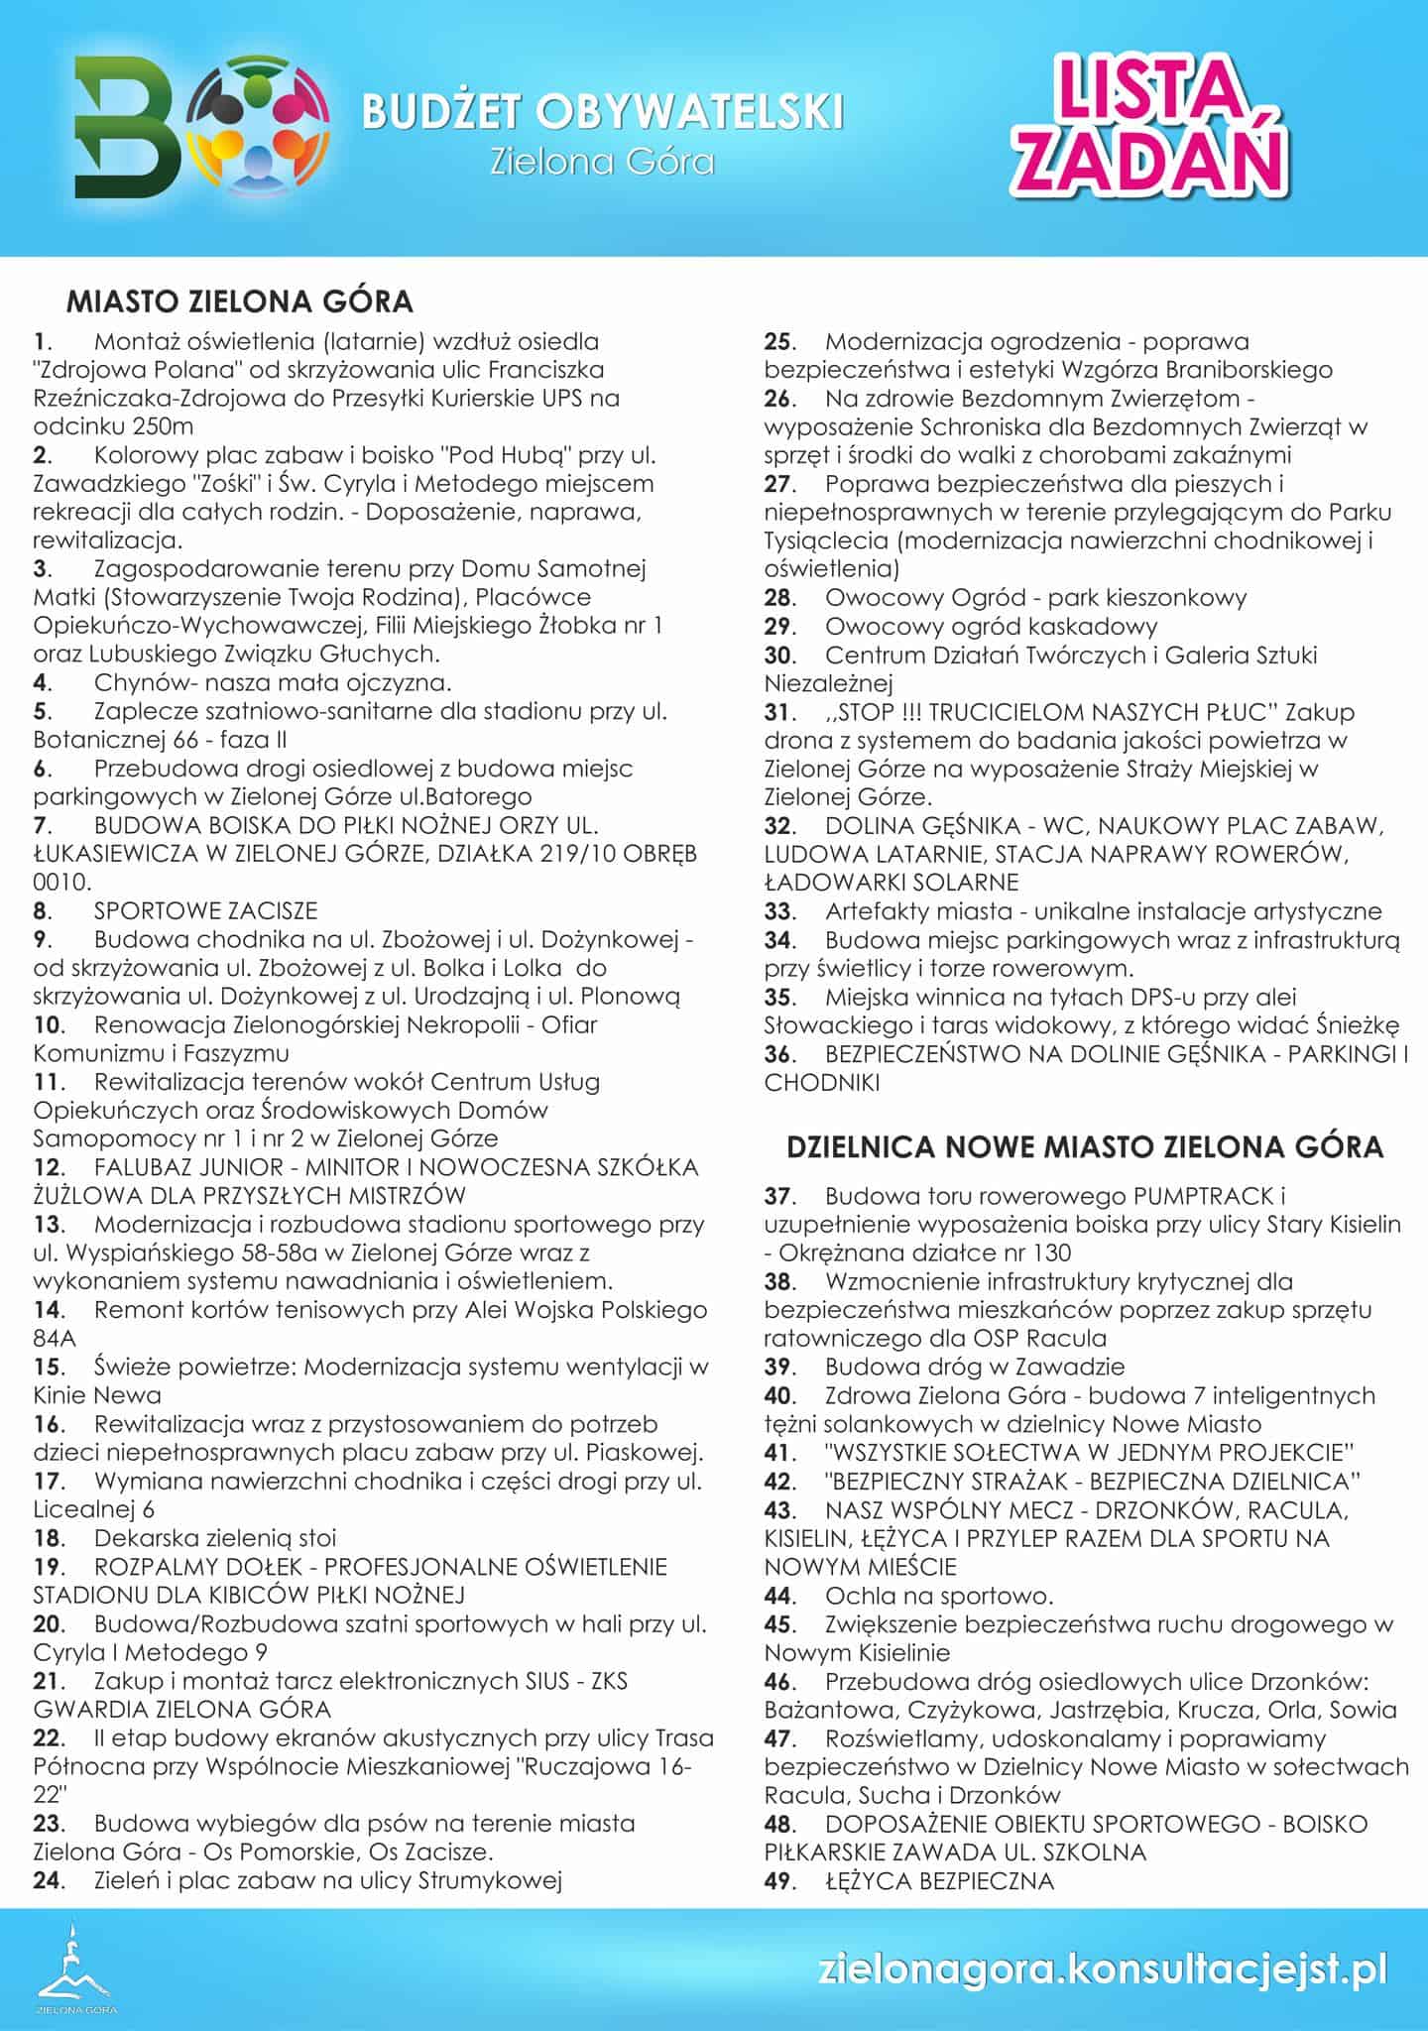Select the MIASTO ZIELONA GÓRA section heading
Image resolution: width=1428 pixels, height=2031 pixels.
click(239, 300)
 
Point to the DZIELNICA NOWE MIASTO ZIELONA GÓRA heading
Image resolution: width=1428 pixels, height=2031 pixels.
click(1084, 1146)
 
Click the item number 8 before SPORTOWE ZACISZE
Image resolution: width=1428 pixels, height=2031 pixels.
click(43, 910)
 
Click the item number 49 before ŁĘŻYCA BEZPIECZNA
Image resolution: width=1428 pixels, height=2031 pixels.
click(779, 1880)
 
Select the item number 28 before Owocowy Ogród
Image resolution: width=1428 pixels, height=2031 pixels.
click(779, 598)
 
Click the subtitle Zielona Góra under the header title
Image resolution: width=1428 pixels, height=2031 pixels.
click(602, 161)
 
